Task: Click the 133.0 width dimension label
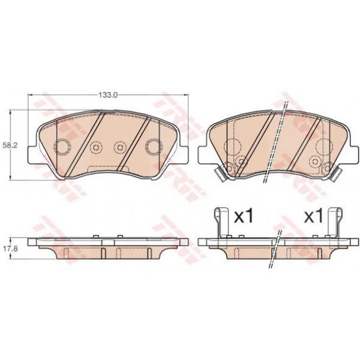coord(108,95)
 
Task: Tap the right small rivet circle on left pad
coord(120,147)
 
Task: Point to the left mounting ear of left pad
coord(33,155)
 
